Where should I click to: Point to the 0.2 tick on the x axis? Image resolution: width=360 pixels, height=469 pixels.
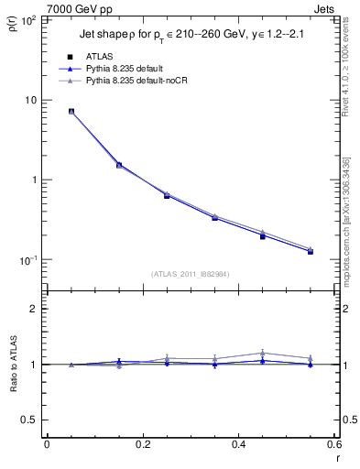click(142, 445)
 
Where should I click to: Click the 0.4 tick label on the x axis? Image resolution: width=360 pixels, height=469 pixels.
click(238, 445)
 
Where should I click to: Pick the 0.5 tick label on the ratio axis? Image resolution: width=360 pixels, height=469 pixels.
click(29, 420)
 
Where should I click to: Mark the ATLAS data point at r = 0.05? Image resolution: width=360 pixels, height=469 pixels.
click(71, 112)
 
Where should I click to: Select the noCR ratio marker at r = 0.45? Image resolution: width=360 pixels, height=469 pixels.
click(262, 353)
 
